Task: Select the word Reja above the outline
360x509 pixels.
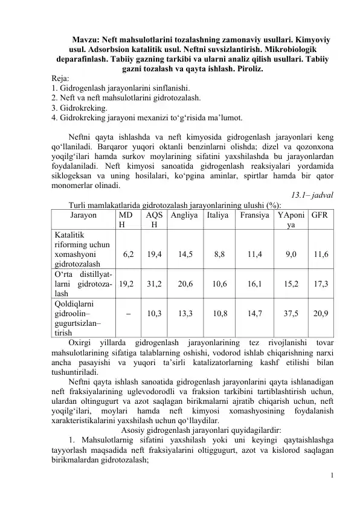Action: tap(60, 79)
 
